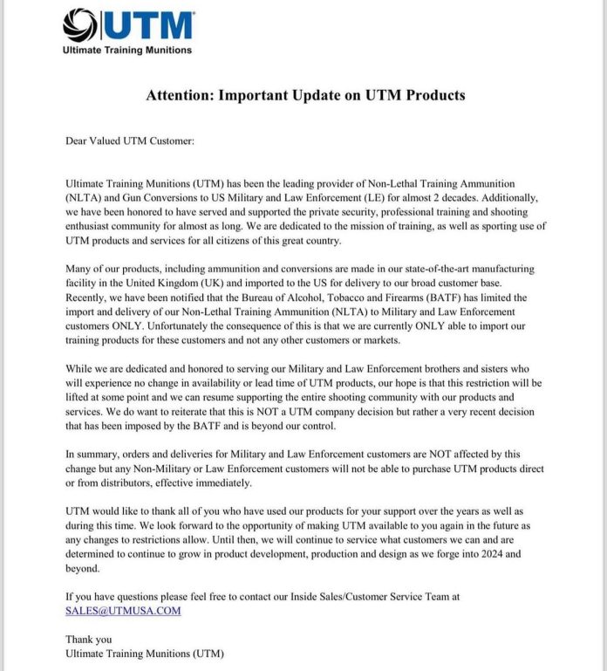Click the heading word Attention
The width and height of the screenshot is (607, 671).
(179, 95)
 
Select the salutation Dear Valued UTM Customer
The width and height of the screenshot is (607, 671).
(130, 140)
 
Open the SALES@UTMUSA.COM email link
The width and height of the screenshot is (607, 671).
(123, 611)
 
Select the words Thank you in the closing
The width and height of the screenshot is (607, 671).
(89, 640)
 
